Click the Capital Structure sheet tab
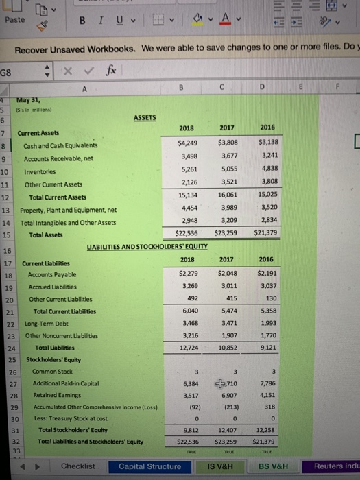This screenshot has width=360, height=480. click(149, 466)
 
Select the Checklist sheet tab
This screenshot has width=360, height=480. click(78, 466)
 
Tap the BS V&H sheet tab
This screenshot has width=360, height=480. click(273, 466)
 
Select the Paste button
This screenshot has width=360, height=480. click(14, 20)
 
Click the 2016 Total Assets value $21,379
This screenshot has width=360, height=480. click(266, 234)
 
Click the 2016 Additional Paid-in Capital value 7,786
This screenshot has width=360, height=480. click(267, 384)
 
